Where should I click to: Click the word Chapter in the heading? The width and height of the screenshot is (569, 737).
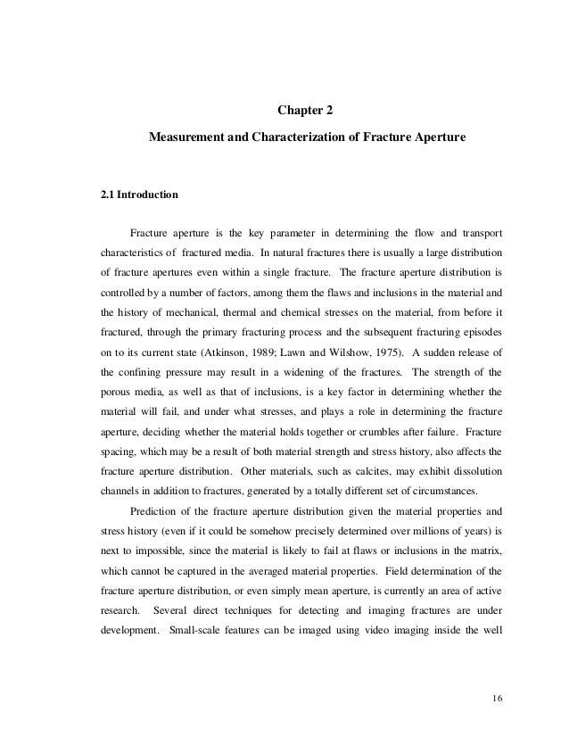[294, 112]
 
